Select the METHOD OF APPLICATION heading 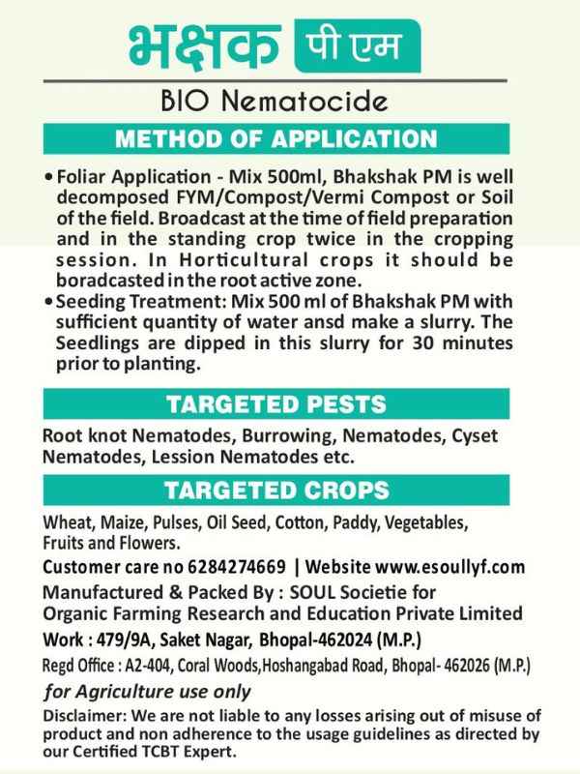[x=289, y=139]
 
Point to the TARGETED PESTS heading [x=290, y=402]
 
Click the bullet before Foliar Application [x=49, y=179]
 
